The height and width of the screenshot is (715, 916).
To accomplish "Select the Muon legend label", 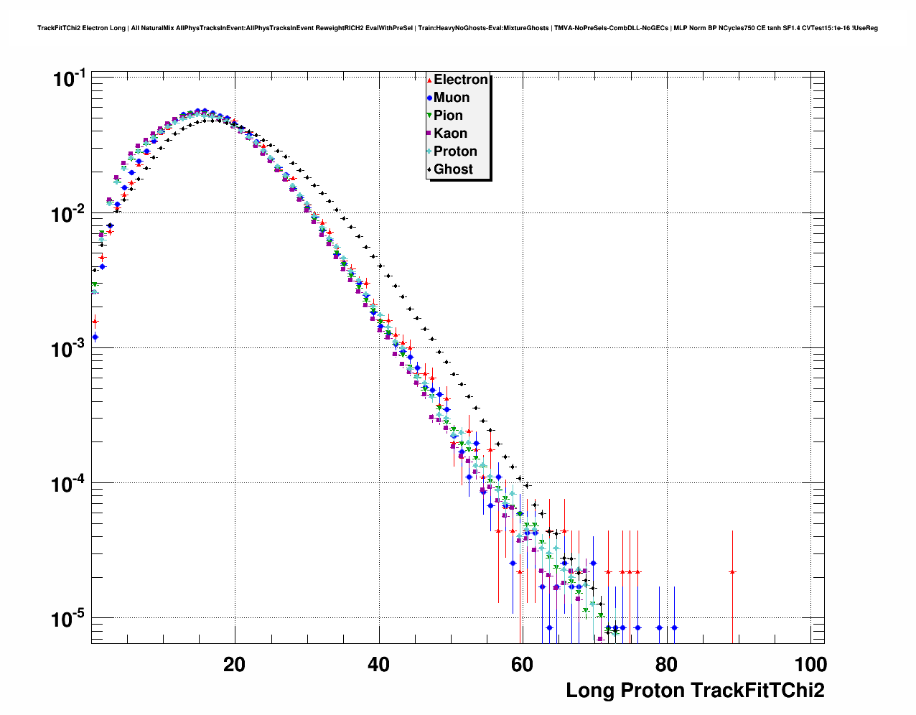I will (451, 98).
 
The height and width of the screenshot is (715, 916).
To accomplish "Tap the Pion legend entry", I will (448, 116).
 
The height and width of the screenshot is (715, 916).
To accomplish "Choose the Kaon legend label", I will (450, 134).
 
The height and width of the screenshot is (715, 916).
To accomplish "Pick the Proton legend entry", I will (455, 151).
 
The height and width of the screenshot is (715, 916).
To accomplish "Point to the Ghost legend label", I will (453, 169).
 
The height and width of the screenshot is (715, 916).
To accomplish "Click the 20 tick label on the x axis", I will (234, 664).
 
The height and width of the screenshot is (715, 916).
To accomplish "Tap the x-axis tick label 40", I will (378, 664).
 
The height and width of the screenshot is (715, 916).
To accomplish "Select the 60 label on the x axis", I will (522, 664).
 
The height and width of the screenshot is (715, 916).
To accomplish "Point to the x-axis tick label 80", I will (666, 664).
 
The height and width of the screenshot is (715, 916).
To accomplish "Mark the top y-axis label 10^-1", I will (70, 78).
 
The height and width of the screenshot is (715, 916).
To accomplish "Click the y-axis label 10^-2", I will (70, 213).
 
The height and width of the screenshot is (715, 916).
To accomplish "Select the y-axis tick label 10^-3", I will (70, 349).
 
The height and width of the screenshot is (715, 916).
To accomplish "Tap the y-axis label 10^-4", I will (70, 484).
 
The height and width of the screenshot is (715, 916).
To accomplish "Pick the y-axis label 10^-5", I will (70, 618).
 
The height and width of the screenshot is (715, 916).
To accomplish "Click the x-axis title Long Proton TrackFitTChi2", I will (695, 691).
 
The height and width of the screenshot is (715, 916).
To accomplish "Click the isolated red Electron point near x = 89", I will (732, 572).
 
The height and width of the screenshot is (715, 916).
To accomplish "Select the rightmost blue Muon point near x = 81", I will (674, 627).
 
